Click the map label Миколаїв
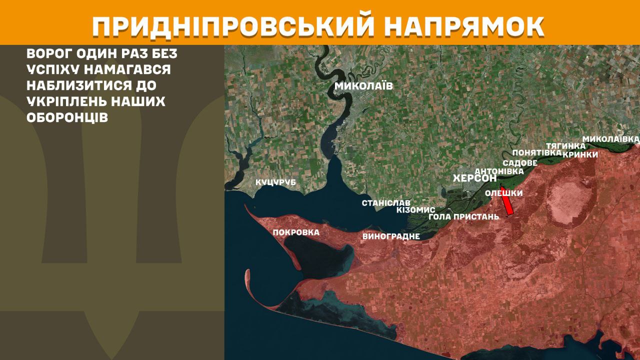point(363,86)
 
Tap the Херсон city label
point(474,178)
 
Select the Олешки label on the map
point(504,193)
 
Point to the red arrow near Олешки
point(507,201)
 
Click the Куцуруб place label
point(275,182)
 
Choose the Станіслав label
point(386,203)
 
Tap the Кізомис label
point(415,210)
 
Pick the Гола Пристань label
point(464,216)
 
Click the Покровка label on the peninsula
point(296,232)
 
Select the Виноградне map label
point(391,236)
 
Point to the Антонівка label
point(499,171)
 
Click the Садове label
point(520,163)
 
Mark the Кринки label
point(580,154)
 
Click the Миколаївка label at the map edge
point(611,138)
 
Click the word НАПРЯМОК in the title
point(465,26)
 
